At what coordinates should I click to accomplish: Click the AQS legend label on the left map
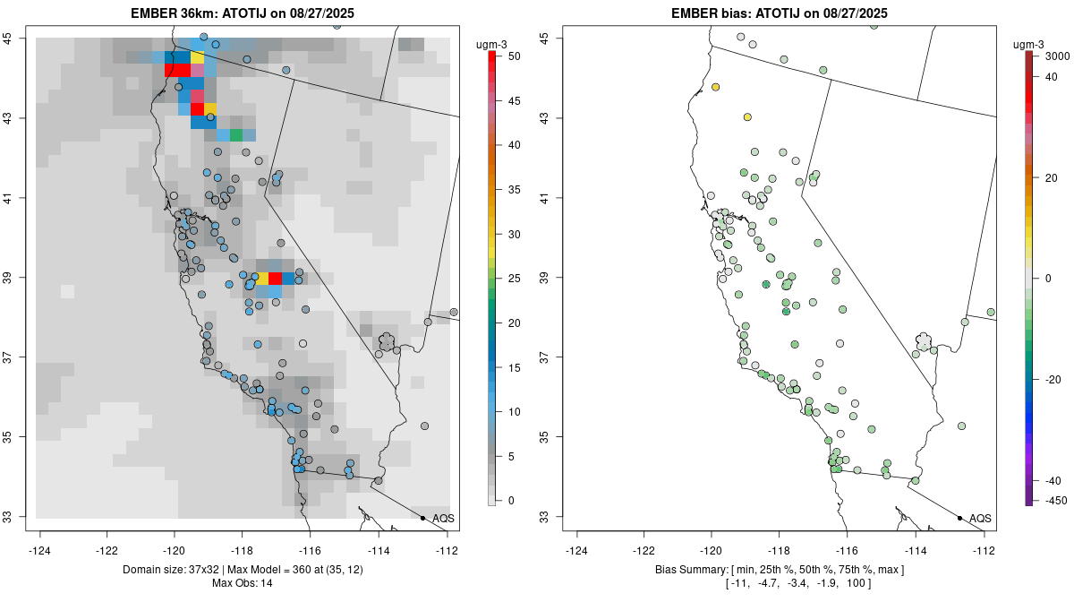(x=443, y=518)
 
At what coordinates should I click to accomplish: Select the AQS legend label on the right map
(x=980, y=518)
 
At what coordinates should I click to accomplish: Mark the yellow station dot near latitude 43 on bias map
(x=747, y=117)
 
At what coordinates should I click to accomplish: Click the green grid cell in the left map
(x=236, y=135)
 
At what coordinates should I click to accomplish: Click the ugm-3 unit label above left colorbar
(x=491, y=42)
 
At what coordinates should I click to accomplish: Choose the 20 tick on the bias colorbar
(x=1053, y=177)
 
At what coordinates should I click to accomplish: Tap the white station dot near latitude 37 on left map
(x=303, y=343)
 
